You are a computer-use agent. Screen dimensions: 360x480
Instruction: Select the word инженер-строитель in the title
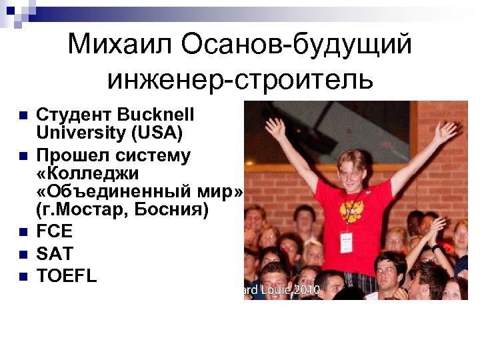(x=240, y=79)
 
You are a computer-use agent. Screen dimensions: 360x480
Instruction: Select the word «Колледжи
(x=86, y=174)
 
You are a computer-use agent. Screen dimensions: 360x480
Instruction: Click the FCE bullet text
(x=54, y=232)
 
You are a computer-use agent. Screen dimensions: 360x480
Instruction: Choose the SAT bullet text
(x=54, y=253)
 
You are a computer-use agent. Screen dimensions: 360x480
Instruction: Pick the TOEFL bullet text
(x=66, y=275)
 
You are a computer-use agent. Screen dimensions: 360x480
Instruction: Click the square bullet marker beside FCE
(x=23, y=233)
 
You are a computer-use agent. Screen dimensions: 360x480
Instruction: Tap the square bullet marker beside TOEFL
(x=23, y=275)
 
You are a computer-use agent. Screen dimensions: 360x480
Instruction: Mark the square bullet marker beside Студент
(x=23, y=115)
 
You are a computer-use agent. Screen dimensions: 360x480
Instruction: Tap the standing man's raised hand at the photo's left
(x=275, y=126)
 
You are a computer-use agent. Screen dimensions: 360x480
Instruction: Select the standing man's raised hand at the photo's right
(x=445, y=131)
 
